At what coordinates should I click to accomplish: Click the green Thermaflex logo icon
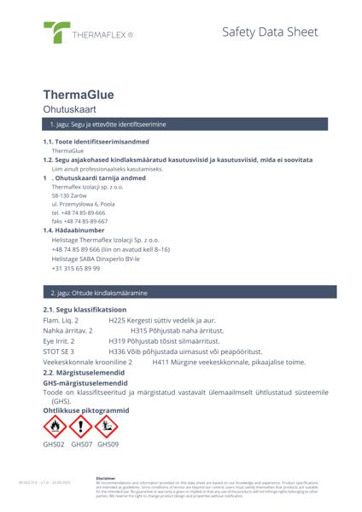[x=57, y=32]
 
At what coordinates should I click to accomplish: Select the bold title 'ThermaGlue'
[x=79, y=95]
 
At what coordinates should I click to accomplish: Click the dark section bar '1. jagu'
[x=181, y=125]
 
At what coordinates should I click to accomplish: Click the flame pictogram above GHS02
[x=54, y=426]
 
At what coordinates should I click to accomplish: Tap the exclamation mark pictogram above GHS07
[x=81, y=426]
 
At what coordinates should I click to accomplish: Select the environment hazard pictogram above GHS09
[x=108, y=426]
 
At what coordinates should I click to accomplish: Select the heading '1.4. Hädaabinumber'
[x=73, y=230]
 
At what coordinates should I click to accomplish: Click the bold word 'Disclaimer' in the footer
[x=106, y=478]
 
